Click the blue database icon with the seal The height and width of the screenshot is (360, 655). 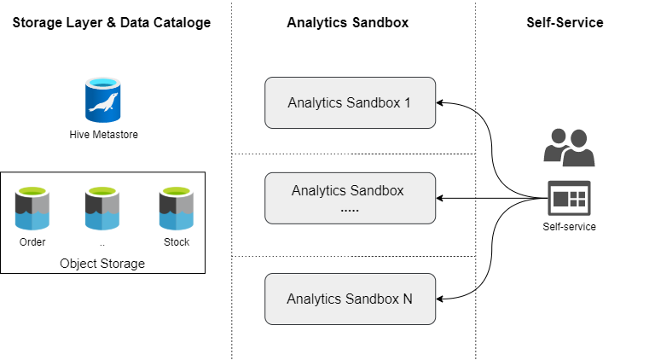coord(102,100)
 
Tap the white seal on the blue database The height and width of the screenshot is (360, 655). coord(102,105)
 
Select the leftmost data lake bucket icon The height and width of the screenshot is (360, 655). coord(32,207)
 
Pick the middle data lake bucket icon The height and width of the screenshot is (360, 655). coord(102,207)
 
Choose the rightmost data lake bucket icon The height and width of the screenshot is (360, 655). coord(177,207)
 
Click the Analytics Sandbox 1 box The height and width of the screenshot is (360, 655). coord(350,103)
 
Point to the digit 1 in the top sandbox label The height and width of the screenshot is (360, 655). coord(407,103)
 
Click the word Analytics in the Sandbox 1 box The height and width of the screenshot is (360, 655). coord(315,103)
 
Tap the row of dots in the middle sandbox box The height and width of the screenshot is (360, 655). coord(350,208)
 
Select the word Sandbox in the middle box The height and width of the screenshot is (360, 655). coord(376,190)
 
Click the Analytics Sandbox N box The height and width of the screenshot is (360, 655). coord(350,299)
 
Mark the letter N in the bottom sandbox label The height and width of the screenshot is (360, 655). coord(407,299)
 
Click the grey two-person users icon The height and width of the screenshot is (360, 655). coord(569,147)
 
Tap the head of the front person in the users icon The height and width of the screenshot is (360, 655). coord(577,137)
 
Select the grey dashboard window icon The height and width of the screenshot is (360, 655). coord(569,198)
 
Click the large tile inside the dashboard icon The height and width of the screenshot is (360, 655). coord(562,200)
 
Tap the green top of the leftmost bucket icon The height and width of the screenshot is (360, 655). coord(32,190)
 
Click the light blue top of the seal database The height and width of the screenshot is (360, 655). coord(102,83)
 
